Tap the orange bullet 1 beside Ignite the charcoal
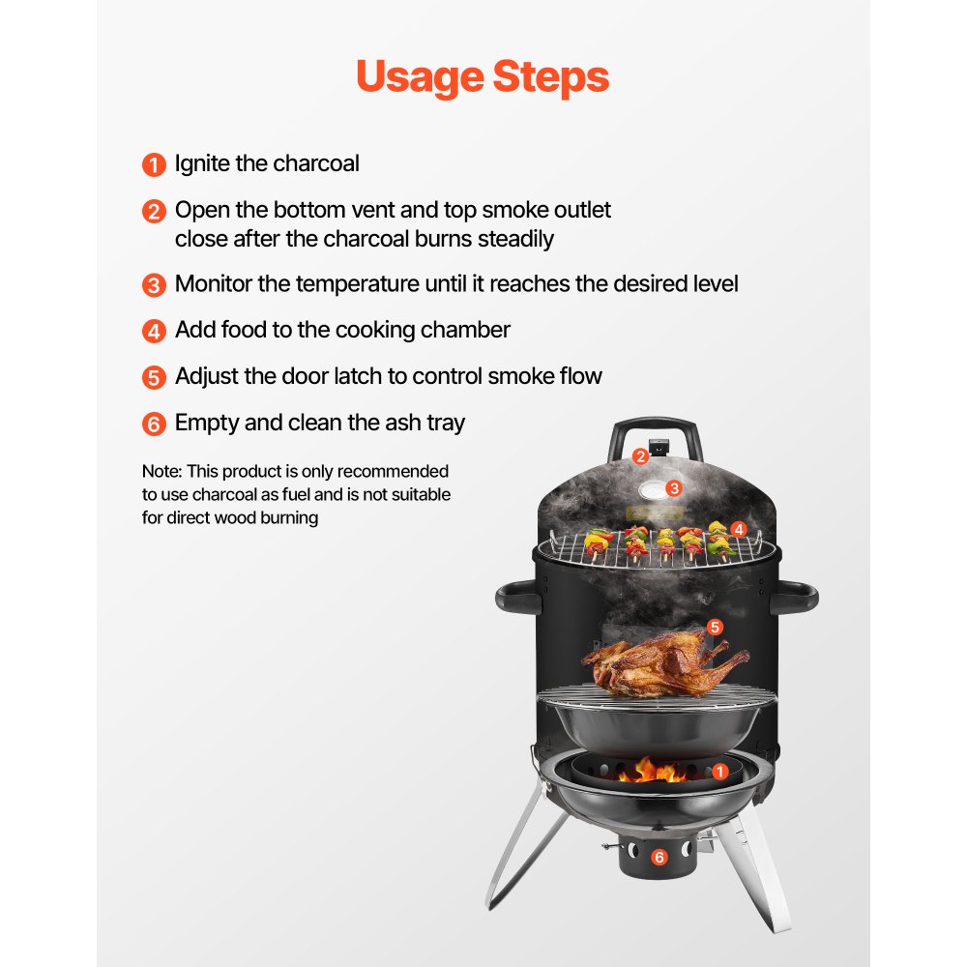point(154,165)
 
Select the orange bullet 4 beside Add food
point(154,332)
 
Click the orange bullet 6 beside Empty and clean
point(154,425)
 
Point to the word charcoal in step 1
point(315,163)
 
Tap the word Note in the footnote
point(160,472)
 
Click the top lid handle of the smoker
point(654,427)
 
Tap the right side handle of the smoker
point(795,597)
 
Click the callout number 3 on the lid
point(674,488)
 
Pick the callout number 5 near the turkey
point(715,627)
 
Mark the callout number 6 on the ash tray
point(659,857)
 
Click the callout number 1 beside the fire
point(718,771)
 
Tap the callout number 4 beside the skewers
point(739,529)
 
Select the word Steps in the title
point(549,78)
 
